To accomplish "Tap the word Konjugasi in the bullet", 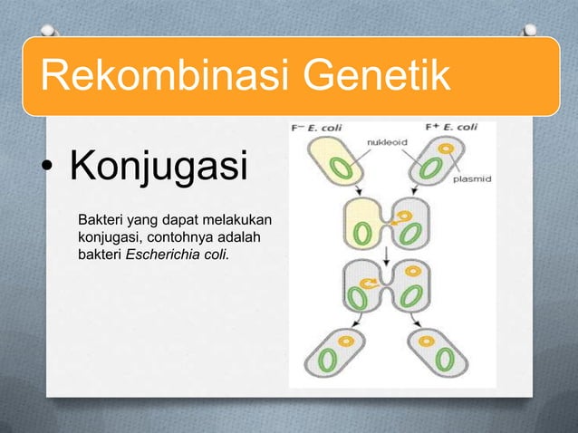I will (x=158, y=168).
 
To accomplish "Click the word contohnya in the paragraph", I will (x=186, y=237).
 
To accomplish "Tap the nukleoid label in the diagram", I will (x=385, y=142).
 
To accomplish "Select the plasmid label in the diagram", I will (x=471, y=179).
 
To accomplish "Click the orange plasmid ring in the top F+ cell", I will (x=445, y=148).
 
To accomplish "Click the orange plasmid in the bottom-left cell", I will (x=344, y=343).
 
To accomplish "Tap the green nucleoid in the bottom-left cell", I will (x=327, y=360).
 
